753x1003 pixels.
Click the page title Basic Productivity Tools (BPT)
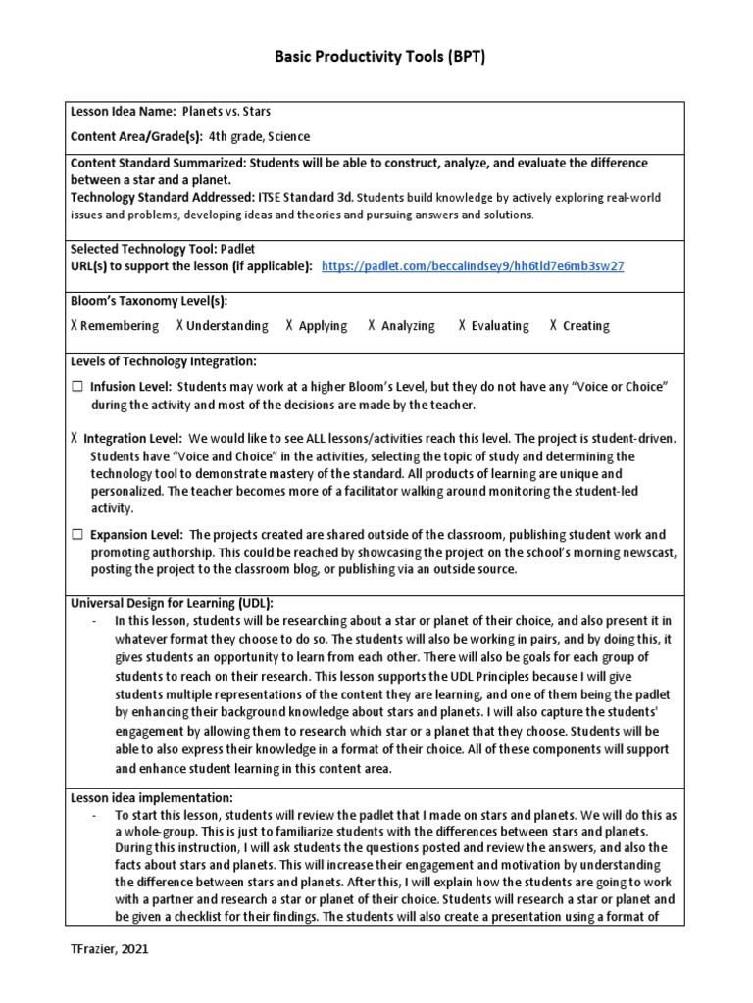[376, 57]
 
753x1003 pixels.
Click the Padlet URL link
[473, 265]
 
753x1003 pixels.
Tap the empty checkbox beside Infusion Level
[76, 387]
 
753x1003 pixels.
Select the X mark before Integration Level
[75, 440]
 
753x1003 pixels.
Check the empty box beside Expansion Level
[76, 535]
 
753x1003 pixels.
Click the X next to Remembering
[75, 326]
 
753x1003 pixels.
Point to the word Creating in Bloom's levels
[585, 326]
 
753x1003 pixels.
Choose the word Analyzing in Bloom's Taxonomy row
[408, 326]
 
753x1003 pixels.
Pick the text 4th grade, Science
[259, 136]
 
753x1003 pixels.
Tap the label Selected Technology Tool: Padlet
[162, 249]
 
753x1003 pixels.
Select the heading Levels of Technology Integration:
[164, 362]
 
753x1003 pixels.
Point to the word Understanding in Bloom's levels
[226, 326]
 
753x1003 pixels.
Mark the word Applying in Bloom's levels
[323, 326]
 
